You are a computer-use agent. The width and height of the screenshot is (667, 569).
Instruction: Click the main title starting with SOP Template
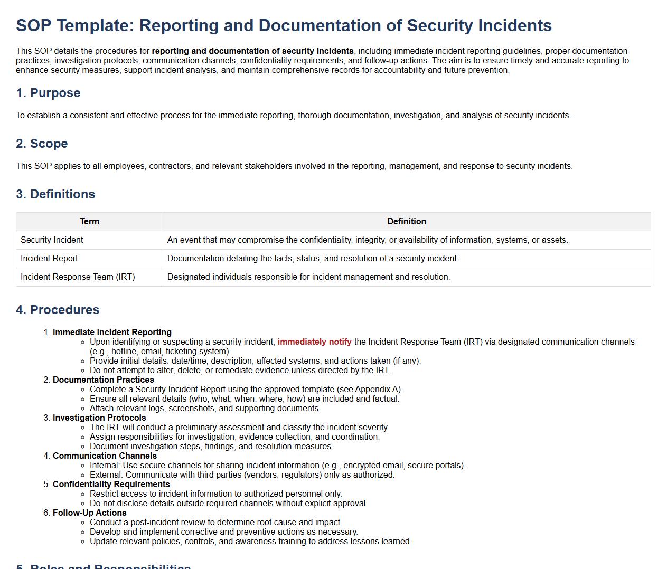[x=284, y=25]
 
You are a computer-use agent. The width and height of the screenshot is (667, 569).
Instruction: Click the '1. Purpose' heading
[x=48, y=93]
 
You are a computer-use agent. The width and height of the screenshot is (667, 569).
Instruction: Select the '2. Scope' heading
[x=42, y=144]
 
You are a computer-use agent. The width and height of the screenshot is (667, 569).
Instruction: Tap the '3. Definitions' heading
[x=55, y=194]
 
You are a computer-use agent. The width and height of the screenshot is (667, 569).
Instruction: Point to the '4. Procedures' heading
[x=58, y=310]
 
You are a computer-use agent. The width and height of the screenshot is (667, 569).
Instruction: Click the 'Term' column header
[x=89, y=222]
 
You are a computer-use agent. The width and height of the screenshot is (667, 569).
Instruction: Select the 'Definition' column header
[x=406, y=222]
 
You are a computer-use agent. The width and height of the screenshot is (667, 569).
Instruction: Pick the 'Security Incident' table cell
[x=52, y=240]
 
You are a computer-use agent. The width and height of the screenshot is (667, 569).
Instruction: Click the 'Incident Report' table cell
[x=49, y=259]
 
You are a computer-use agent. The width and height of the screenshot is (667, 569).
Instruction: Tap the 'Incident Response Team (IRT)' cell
[x=78, y=277]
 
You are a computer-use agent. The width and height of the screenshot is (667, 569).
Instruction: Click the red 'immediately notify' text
[x=314, y=342]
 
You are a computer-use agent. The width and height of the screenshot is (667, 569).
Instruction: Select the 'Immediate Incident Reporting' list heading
[x=112, y=333]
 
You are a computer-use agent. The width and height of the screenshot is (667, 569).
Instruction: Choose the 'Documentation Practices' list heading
[x=104, y=380]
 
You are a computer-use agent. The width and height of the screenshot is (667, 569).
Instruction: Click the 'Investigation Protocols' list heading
[x=99, y=418]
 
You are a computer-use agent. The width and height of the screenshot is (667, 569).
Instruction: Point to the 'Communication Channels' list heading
[x=105, y=456]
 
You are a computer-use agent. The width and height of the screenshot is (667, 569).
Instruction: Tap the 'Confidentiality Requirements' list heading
[x=111, y=485]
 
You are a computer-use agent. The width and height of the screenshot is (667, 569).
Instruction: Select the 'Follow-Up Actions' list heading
[x=90, y=513]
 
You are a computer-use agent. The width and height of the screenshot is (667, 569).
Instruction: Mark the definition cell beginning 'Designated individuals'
[x=308, y=277]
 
